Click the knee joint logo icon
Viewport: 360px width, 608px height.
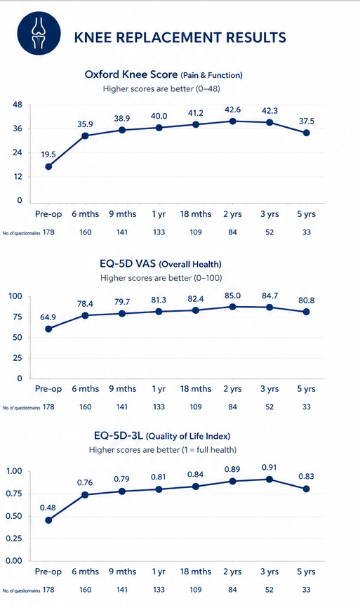pyautogui.click(x=39, y=32)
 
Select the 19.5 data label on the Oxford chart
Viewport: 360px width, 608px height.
pyautogui.click(x=48, y=154)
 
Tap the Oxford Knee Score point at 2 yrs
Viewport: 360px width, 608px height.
pyautogui.click(x=232, y=121)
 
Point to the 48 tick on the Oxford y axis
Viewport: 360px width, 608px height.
pyautogui.click(x=18, y=105)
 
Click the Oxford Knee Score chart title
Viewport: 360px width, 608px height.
pyautogui.click(x=164, y=74)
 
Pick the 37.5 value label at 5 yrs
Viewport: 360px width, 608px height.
pyautogui.click(x=306, y=121)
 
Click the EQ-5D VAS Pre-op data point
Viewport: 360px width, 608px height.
pyautogui.click(x=48, y=329)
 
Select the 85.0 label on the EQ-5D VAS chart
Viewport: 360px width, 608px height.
pyautogui.click(x=232, y=296)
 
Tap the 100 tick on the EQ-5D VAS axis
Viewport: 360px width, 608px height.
pyautogui.click(x=15, y=296)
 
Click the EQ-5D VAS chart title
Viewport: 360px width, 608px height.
pyautogui.click(x=161, y=264)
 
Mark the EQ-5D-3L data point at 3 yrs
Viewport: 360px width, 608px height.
pyautogui.click(x=269, y=480)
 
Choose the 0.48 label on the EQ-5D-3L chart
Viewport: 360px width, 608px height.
pyautogui.click(x=48, y=508)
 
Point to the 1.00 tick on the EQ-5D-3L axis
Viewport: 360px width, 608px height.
pyautogui.click(x=14, y=471)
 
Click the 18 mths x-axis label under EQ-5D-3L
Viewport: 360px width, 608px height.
pyautogui.click(x=196, y=571)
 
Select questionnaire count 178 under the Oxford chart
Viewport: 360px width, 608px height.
pyautogui.click(x=48, y=232)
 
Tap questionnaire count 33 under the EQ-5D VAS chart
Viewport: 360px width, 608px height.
pyautogui.click(x=307, y=407)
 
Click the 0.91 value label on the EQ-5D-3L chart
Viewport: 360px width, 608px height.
pyautogui.click(x=269, y=468)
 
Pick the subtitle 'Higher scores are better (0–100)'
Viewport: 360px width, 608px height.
pyautogui.click(x=161, y=278)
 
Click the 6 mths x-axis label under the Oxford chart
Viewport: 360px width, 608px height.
pyautogui.click(x=85, y=214)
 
